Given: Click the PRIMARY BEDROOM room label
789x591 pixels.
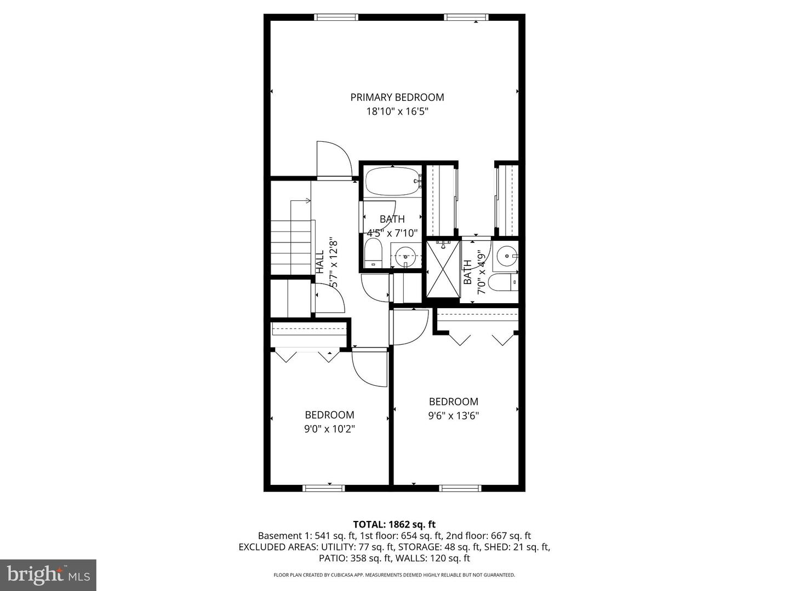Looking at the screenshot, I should tap(397, 97).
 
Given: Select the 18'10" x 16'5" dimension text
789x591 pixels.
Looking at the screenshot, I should tap(397, 112).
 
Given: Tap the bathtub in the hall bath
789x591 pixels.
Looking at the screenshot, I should tap(392, 181).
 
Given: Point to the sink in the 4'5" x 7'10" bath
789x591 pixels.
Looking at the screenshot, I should tap(405, 254).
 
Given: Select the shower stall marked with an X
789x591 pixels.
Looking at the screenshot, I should tap(443, 269).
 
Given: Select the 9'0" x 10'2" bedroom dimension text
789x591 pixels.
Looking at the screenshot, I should tap(329, 429).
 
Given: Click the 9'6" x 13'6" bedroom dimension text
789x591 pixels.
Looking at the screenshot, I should tap(453, 416).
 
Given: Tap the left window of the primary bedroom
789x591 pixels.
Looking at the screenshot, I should tap(336, 18).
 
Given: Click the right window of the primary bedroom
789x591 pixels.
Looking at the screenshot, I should tap(466, 18).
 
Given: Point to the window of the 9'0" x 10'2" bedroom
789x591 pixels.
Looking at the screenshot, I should tap(324, 488).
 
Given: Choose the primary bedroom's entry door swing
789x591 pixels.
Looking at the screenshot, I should tap(334, 160).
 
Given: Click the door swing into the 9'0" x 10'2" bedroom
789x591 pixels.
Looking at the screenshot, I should tap(370, 368).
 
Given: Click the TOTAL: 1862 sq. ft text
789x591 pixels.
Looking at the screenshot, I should tap(395, 525).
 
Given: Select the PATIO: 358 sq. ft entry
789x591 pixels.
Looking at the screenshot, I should tap(355, 558).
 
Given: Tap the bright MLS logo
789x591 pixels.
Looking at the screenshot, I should tap(48, 575).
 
